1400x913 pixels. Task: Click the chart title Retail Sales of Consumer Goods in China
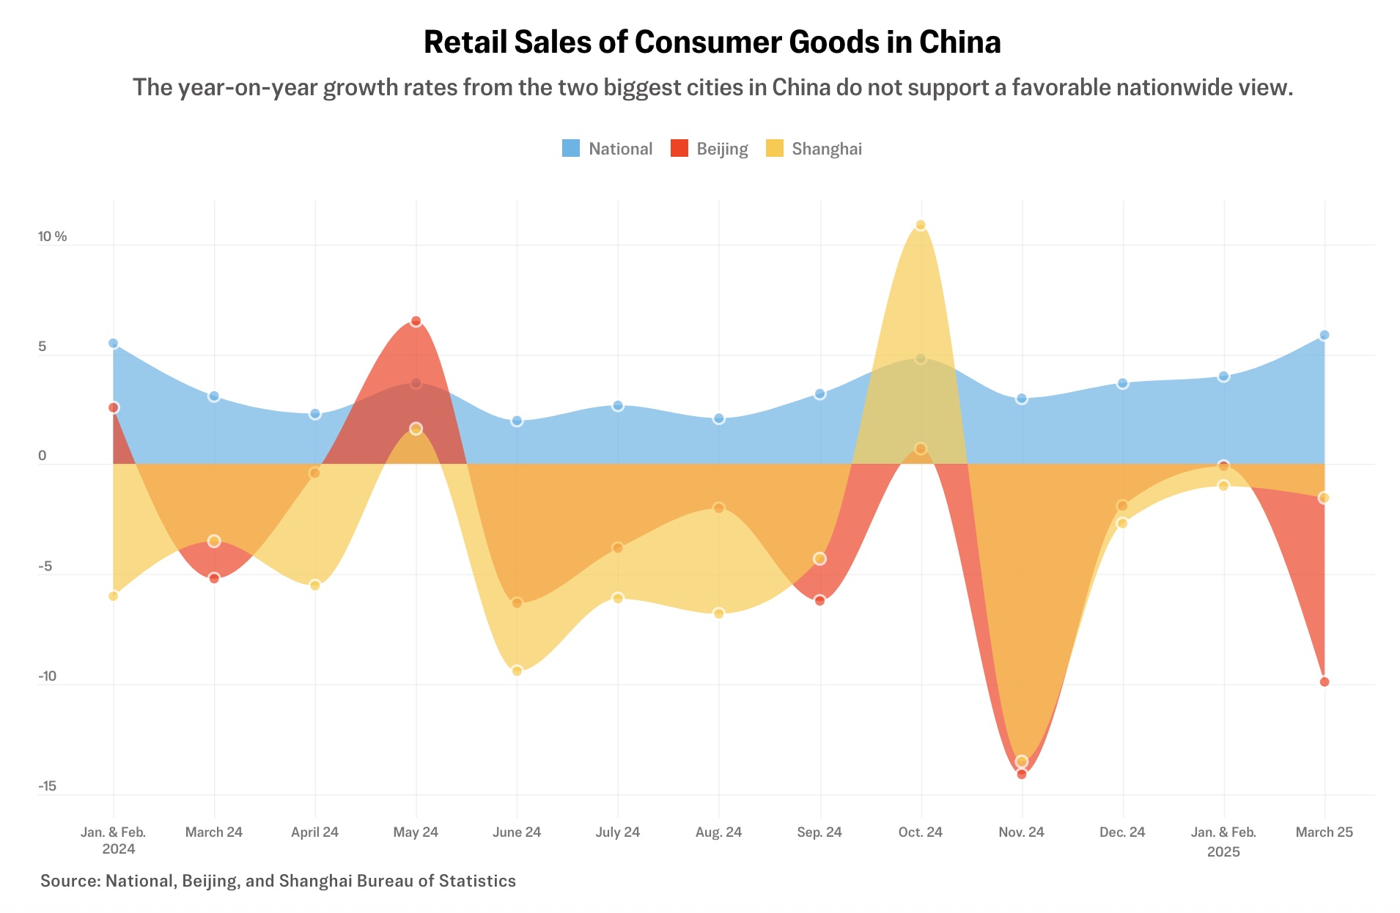[712, 42]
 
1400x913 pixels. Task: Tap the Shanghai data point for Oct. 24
[921, 225]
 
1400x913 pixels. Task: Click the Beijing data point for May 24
[416, 321]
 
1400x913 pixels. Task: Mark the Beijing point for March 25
[1325, 681]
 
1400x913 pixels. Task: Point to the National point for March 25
[1325, 335]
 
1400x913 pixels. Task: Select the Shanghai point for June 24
[517, 670]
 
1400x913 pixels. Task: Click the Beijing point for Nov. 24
[1022, 774]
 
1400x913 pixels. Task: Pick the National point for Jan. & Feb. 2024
[113, 343]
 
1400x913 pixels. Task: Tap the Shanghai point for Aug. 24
[719, 613]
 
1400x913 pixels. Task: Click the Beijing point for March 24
[214, 578]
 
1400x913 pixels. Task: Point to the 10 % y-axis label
[52, 236]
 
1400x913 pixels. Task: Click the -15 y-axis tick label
[47, 786]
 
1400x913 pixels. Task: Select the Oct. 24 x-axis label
[921, 832]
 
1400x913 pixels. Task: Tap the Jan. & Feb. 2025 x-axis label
[1223, 841]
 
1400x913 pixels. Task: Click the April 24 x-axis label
[314, 832]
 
